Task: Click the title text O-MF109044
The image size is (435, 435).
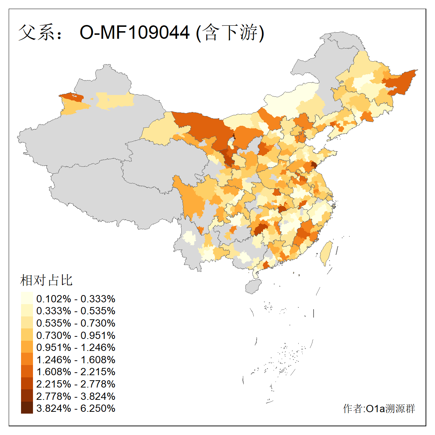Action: tap(134, 33)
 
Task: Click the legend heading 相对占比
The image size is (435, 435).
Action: tap(46, 280)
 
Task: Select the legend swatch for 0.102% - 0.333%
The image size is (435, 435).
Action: tap(27, 298)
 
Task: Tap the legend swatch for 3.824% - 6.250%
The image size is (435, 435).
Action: tap(27, 408)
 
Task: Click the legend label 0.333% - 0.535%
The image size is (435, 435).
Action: tap(76, 311)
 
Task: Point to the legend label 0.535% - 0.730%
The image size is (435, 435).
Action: tap(76, 323)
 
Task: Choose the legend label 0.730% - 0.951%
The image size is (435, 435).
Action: tap(76, 335)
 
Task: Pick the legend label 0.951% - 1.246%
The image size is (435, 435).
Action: tap(76, 347)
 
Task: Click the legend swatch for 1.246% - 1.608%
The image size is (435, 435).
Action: tap(27, 359)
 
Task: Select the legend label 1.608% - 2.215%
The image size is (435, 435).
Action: tap(76, 372)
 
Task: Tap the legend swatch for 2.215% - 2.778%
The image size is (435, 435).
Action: tap(27, 384)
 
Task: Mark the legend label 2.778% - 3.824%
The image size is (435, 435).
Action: tap(76, 396)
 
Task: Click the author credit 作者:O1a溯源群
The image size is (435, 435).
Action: tap(379, 409)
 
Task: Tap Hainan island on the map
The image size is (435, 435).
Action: tap(253, 286)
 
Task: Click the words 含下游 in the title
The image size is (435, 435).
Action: tap(230, 33)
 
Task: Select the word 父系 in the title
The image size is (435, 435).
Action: tap(35, 33)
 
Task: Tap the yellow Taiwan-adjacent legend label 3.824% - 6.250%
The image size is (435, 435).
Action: tap(76, 408)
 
